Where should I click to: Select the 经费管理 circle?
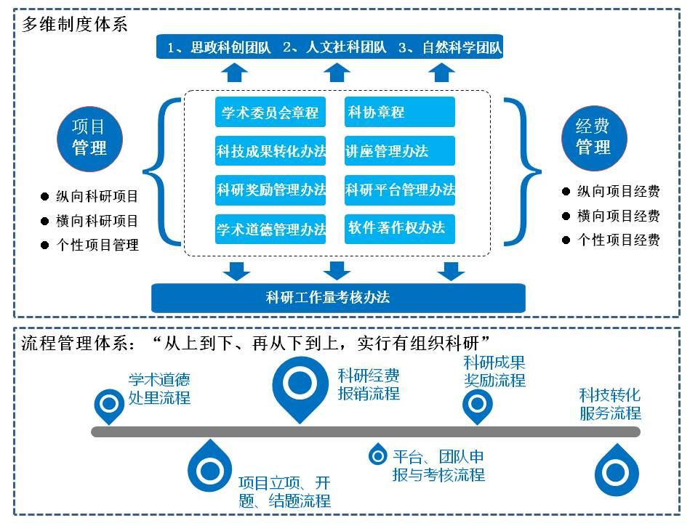(594, 137)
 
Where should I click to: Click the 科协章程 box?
(399, 112)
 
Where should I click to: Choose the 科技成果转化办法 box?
(270, 151)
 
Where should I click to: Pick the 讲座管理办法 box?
(399, 151)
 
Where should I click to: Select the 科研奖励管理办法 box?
(270, 190)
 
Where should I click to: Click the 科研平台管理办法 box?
(399, 190)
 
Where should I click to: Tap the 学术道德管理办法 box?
(270, 230)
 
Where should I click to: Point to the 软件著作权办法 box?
(399, 228)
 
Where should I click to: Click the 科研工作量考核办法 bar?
(337, 297)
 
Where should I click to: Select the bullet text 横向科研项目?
(97, 221)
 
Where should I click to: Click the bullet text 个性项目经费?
(618, 240)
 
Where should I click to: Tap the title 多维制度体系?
(74, 24)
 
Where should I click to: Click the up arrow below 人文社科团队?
(336, 72)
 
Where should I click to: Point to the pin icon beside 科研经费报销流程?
(299, 385)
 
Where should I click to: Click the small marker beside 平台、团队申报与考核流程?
(377, 455)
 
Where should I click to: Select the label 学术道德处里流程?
(159, 389)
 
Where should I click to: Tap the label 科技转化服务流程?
(610, 404)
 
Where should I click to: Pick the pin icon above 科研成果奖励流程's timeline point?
(478, 404)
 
